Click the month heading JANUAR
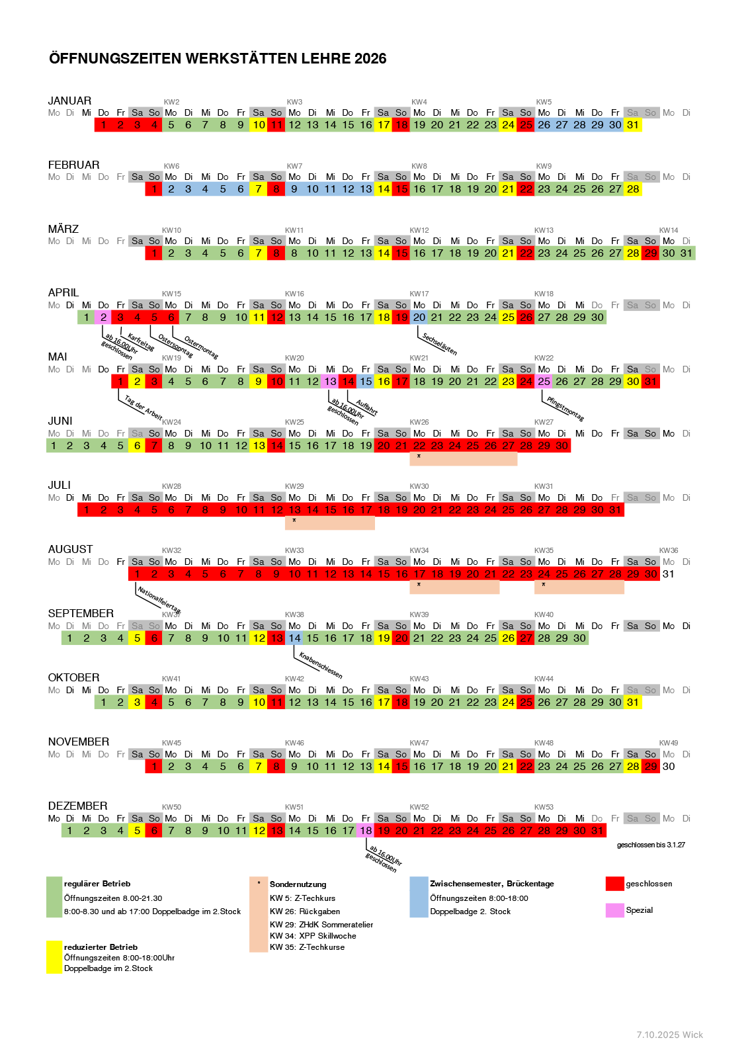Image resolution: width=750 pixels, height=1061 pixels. [69, 101]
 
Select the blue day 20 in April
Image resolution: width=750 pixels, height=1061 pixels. [419, 318]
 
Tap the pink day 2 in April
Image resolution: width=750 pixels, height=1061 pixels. [103, 318]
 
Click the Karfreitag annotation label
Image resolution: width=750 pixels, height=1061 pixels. [141, 342]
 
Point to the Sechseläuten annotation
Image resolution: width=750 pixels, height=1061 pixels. [440, 344]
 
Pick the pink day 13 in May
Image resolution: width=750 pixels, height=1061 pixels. [330, 382]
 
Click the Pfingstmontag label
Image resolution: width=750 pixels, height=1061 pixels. [565, 408]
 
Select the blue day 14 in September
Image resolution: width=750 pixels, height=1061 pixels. [294, 638]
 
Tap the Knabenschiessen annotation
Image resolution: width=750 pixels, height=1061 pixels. [321, 665]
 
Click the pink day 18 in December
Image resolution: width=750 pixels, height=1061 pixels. [366, 831]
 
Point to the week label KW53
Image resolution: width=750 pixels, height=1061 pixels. [544, 807]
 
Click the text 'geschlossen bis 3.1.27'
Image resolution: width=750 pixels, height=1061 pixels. [651, 845]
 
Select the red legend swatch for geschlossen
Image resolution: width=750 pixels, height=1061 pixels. [614, 884]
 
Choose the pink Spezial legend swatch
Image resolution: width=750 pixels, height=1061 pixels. [614, 910]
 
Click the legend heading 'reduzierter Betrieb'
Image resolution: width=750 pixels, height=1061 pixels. [101, 947]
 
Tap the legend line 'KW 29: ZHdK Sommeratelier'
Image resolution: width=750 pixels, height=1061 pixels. [321, 925]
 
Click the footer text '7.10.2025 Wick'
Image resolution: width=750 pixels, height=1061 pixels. [669, 1035]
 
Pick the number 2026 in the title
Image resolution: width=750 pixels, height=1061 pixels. [370, 58]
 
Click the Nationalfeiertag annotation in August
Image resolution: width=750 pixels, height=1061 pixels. [159, 599]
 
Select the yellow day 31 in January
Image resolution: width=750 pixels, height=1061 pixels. [633, 125]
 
